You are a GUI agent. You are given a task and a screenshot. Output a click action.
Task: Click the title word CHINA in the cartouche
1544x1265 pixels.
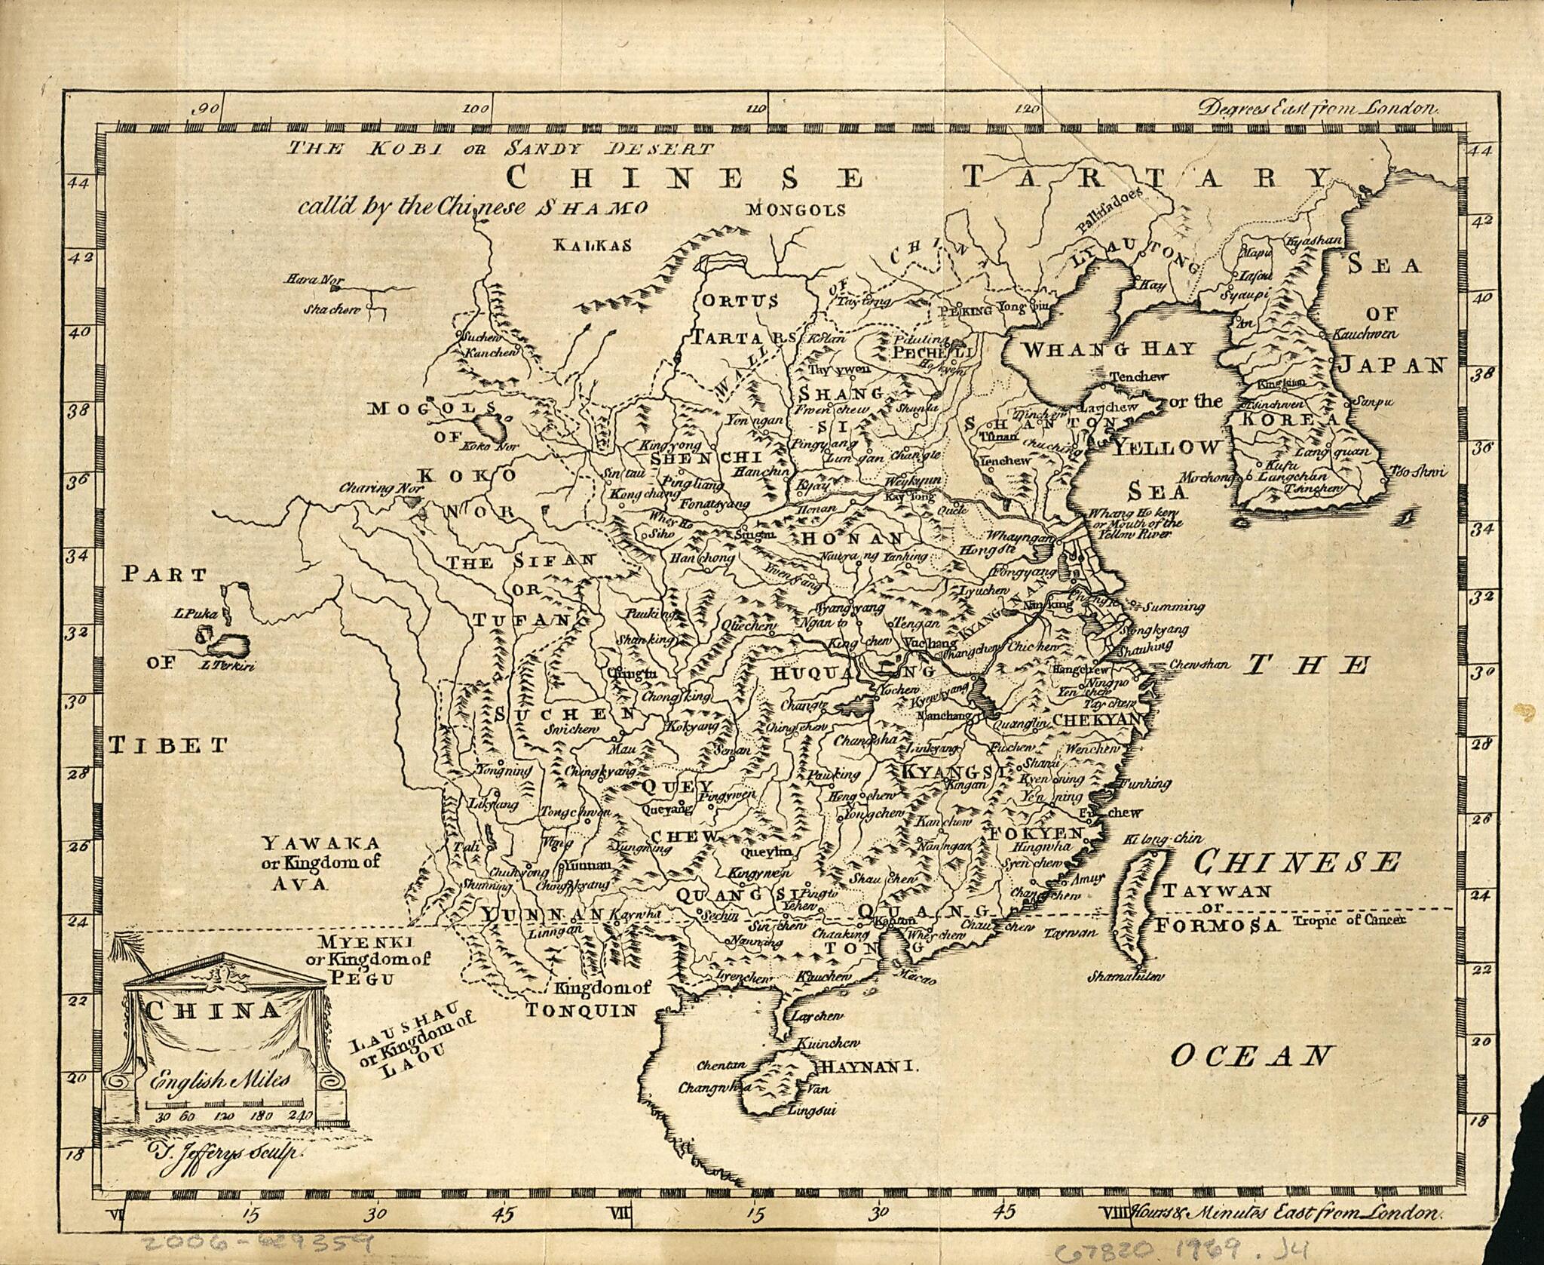[214, 1012]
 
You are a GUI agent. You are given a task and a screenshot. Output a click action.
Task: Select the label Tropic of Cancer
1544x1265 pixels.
[1349, 921]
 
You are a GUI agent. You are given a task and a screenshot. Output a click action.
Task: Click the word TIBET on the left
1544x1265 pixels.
[167, 746]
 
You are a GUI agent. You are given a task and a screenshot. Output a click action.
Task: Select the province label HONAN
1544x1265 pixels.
[852, 539]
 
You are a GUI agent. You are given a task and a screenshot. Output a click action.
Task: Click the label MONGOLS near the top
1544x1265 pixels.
[796, 210]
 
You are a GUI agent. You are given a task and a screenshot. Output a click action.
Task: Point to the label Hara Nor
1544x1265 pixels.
[310, 280]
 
